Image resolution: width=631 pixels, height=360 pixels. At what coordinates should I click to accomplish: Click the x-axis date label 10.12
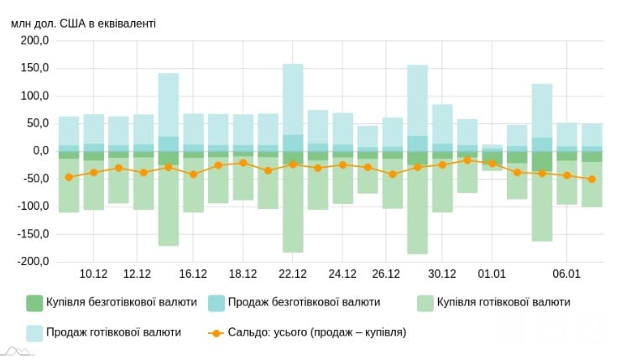pyautogui.click(x=93, y=274)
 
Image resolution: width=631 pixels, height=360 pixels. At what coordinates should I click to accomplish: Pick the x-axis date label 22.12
pyautogui.click(x=293, y=274)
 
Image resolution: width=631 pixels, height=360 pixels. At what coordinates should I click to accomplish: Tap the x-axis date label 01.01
pyautogui.click(x=492, y=274)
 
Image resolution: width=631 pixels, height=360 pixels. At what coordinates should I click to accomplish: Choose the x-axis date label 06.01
pyautogui.click(x=567, y=274)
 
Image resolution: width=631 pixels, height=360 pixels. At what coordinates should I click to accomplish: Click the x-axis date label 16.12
pyautogui.click(x=193, y=274)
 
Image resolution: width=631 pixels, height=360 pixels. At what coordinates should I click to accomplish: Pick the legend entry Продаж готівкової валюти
pyautogui.click(x=113, y=332)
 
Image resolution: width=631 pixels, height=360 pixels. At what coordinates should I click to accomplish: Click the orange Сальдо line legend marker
pyautogui.click(x=216, y=332)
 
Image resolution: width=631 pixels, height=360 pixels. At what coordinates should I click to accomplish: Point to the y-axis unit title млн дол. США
pyautogui.click(x=83, y=23)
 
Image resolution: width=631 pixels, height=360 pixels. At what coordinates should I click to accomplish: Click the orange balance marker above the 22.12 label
pyautogui.click(x=293, y=164)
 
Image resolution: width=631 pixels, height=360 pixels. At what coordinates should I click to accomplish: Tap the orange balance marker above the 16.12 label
pyautogui.click(x=193, y=175)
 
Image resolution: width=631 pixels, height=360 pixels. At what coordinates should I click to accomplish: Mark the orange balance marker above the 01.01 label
pyautogui.click(x=492, y=164)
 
